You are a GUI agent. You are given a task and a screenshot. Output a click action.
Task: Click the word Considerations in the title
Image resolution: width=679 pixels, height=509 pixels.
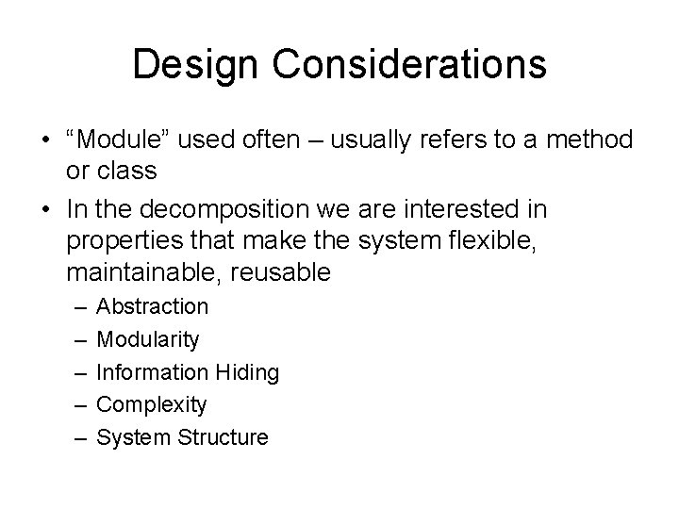click(x=407, y=65)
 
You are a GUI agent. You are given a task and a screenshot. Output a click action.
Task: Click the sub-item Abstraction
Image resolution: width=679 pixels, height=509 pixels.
click(x=153, y=306)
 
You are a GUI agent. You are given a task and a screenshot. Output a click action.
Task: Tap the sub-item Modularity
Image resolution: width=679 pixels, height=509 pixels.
click(x=148, y=339)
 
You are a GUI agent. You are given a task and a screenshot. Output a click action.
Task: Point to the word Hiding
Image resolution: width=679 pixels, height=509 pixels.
click(x=247, y=372)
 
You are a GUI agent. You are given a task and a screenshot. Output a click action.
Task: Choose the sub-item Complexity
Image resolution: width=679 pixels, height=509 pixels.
click(x=151, y=405)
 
